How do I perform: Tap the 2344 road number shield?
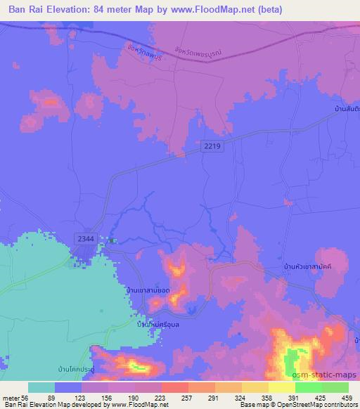(x=86, y=239)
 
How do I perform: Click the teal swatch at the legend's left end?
(x=41, y=387)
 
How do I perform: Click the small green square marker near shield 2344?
(x=111, y=240)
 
